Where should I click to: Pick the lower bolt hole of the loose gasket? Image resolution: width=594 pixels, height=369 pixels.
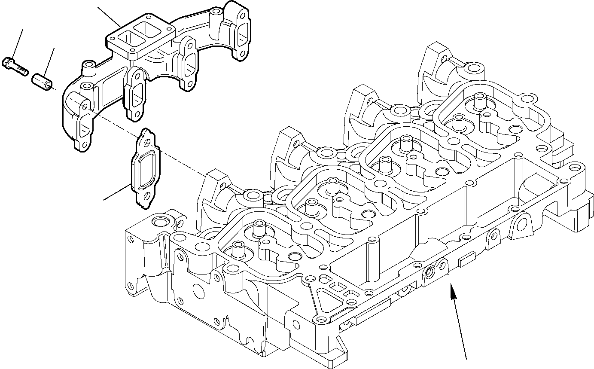point(145,198)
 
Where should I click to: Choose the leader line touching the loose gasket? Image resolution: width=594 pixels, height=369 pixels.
point(118,192)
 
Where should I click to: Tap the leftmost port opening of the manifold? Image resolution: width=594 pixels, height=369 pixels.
point(84,125)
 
